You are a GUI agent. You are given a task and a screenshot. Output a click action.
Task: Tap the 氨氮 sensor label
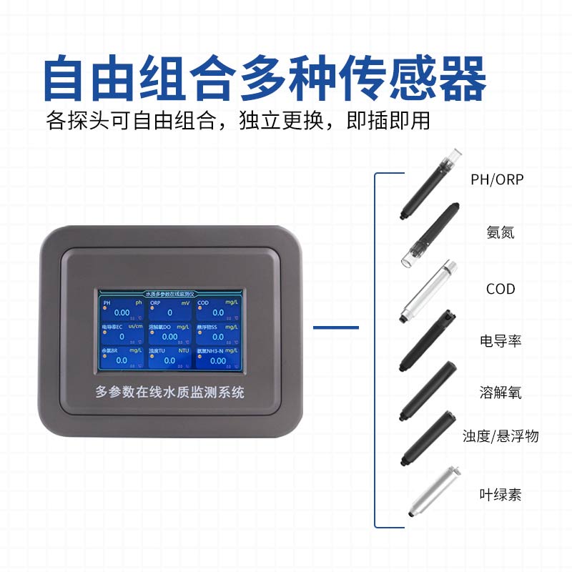coord(500,232)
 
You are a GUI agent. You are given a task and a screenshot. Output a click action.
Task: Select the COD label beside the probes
coord(500,289)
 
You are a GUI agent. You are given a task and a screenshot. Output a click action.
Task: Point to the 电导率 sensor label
coord(500,340)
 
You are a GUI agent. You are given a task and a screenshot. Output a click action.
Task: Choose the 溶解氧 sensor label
coord(500,392)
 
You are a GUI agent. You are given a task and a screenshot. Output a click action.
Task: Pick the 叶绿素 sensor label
coord(500,494)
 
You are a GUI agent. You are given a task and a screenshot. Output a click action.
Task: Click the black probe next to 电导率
coord(428,340)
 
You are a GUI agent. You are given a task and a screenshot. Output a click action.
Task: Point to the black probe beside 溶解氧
coord(428,390)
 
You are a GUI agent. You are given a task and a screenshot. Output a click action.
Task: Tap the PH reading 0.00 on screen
coord(122,313)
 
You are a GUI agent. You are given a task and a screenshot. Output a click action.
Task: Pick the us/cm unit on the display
coord(135,327)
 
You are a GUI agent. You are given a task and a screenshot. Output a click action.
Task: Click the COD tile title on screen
coord(204,303)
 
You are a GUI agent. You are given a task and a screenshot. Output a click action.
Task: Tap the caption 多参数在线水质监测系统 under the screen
coord(170,392)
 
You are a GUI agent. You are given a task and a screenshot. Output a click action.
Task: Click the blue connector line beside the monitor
coord(336,327)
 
